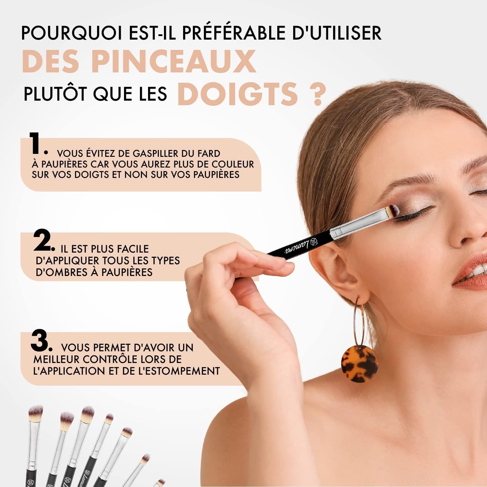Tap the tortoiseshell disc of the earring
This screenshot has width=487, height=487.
coord(359,364)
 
